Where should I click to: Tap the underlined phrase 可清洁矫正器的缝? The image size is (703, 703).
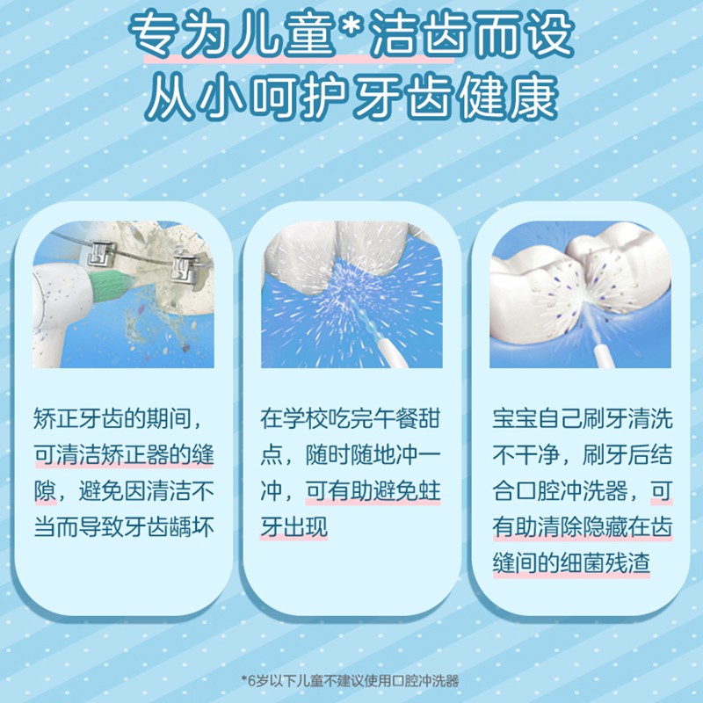[124, 454]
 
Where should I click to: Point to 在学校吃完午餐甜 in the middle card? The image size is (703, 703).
[350, 419]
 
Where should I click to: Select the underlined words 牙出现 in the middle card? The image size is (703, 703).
[294, 526]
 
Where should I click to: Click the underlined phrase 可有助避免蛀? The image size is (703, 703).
[373, 490]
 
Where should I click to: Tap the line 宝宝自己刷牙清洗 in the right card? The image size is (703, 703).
[583, 419]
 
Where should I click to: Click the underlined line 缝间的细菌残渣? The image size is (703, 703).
[571, 562]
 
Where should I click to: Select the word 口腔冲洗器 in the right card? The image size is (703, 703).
[571, 490]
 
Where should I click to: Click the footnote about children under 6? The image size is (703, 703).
[350, 680]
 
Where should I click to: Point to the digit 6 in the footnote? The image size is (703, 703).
[251, 681]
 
